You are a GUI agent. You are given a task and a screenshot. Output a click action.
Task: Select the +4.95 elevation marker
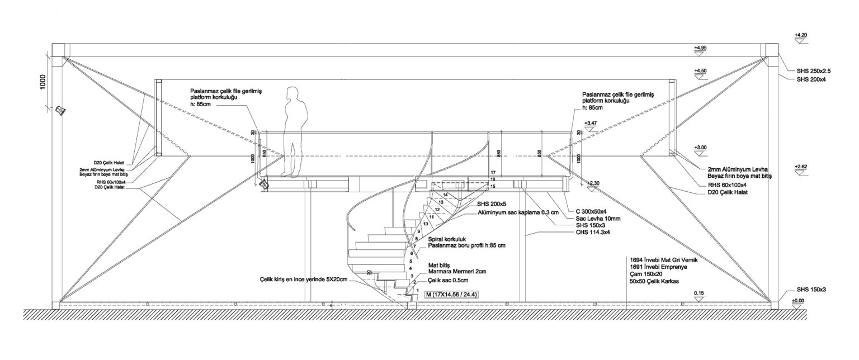coord(700,49)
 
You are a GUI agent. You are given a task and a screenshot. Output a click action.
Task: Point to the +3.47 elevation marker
coord(589,122)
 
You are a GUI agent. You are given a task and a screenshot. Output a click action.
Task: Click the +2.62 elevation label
coord(800,167)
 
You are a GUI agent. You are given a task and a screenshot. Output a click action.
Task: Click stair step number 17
coord(493,172)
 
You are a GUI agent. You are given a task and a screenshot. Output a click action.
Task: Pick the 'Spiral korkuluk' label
coord(447,239)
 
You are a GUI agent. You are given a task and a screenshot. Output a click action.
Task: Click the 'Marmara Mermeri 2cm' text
coord(457,271)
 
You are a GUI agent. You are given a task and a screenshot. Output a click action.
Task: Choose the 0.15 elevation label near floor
coord(698,293)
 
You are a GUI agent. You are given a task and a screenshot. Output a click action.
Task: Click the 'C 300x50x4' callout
coord(587,211)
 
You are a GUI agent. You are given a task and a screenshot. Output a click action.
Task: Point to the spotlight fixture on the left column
coord(62,110)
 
